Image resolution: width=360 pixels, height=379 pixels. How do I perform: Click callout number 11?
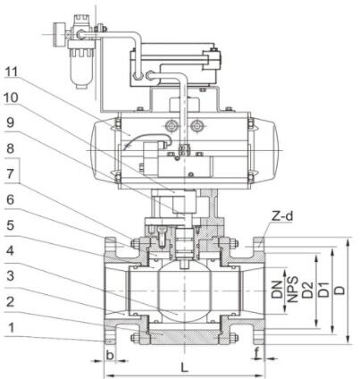click(12, 72)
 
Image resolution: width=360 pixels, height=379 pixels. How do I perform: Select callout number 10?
click(12, 97)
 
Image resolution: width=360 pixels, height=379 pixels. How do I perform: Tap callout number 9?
click(11, 122)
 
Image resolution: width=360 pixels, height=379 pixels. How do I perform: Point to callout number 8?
click(11, 148)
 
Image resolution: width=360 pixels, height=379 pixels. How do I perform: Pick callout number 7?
click(11, 174)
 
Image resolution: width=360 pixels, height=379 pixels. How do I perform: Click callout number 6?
click(11, 200)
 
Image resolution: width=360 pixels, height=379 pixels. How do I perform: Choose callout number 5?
click(11, 225)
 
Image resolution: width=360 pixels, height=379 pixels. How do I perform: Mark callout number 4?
click(11, 251)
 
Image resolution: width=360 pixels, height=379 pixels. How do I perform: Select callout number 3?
click(11, 276)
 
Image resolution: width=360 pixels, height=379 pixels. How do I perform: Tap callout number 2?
click(11, 302)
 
